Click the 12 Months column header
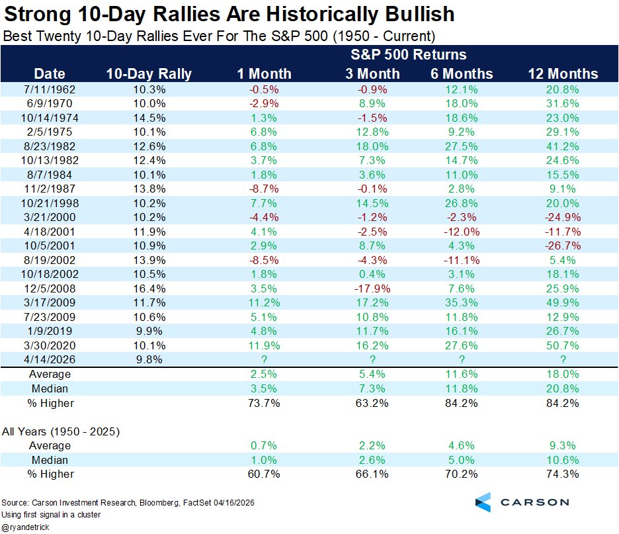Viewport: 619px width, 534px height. [x=563, y=74]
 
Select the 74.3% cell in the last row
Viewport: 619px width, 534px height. [x=563, y=474]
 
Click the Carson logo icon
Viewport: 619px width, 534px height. [x=483, y=502]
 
